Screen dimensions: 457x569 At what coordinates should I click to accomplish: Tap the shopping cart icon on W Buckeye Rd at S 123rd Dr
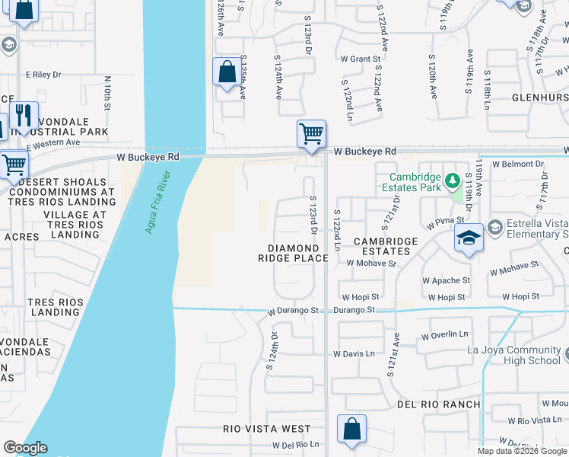tap(311, 134)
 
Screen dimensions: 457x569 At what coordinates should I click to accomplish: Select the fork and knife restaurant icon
tap(24, 116)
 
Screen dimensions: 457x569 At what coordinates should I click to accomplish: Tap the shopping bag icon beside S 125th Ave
tap(227, 73)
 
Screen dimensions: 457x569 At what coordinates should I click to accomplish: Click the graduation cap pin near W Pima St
tap(469, 238)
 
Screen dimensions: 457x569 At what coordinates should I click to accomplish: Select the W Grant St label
tap(361, 59)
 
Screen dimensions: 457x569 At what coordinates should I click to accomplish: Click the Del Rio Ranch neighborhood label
tap(437, 404)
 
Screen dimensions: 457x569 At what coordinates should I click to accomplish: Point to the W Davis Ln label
tap(354, 354)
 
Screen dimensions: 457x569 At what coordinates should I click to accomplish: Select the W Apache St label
tap(446, 280)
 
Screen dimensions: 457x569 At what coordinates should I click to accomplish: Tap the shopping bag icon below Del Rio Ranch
tap(352, 429)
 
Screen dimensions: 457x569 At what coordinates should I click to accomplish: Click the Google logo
tap(25, 448)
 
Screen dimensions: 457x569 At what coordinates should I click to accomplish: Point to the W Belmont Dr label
tap(520, 164)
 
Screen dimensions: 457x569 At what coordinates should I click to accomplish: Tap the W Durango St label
tap(297, 311)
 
